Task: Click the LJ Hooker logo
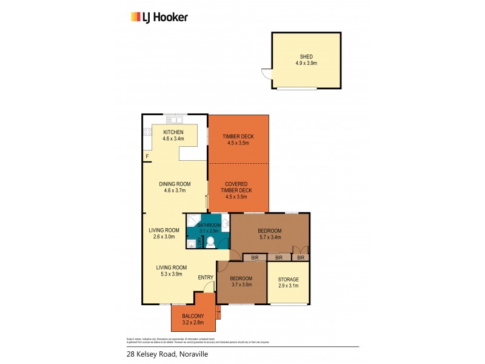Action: tap(159, 17)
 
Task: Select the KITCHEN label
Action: tap(172, 132)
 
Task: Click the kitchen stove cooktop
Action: tap(147, 132)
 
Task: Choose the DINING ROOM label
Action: tap(175, 184)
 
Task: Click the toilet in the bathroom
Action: tap(210, 243)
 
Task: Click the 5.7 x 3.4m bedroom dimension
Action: tap(269, 238)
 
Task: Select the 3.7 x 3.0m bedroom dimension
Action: tap(241, 285)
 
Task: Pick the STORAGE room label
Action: tap(289, 279)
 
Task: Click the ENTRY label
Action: tap(206, 278)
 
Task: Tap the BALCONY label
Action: tap(193, 316)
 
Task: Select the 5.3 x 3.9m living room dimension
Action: tap(171, 275)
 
